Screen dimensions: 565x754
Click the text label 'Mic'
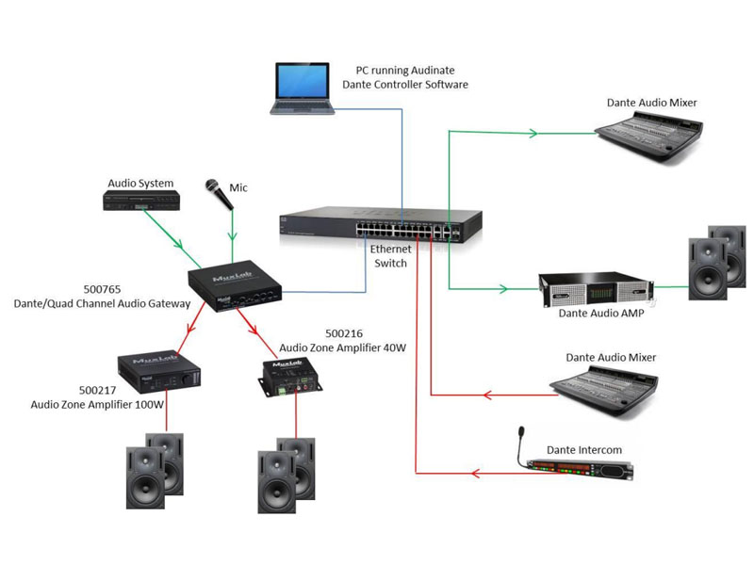pyautogui.click(x=238, y=188)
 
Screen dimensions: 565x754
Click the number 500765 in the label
pyautogui.click(x=103, y=289)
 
